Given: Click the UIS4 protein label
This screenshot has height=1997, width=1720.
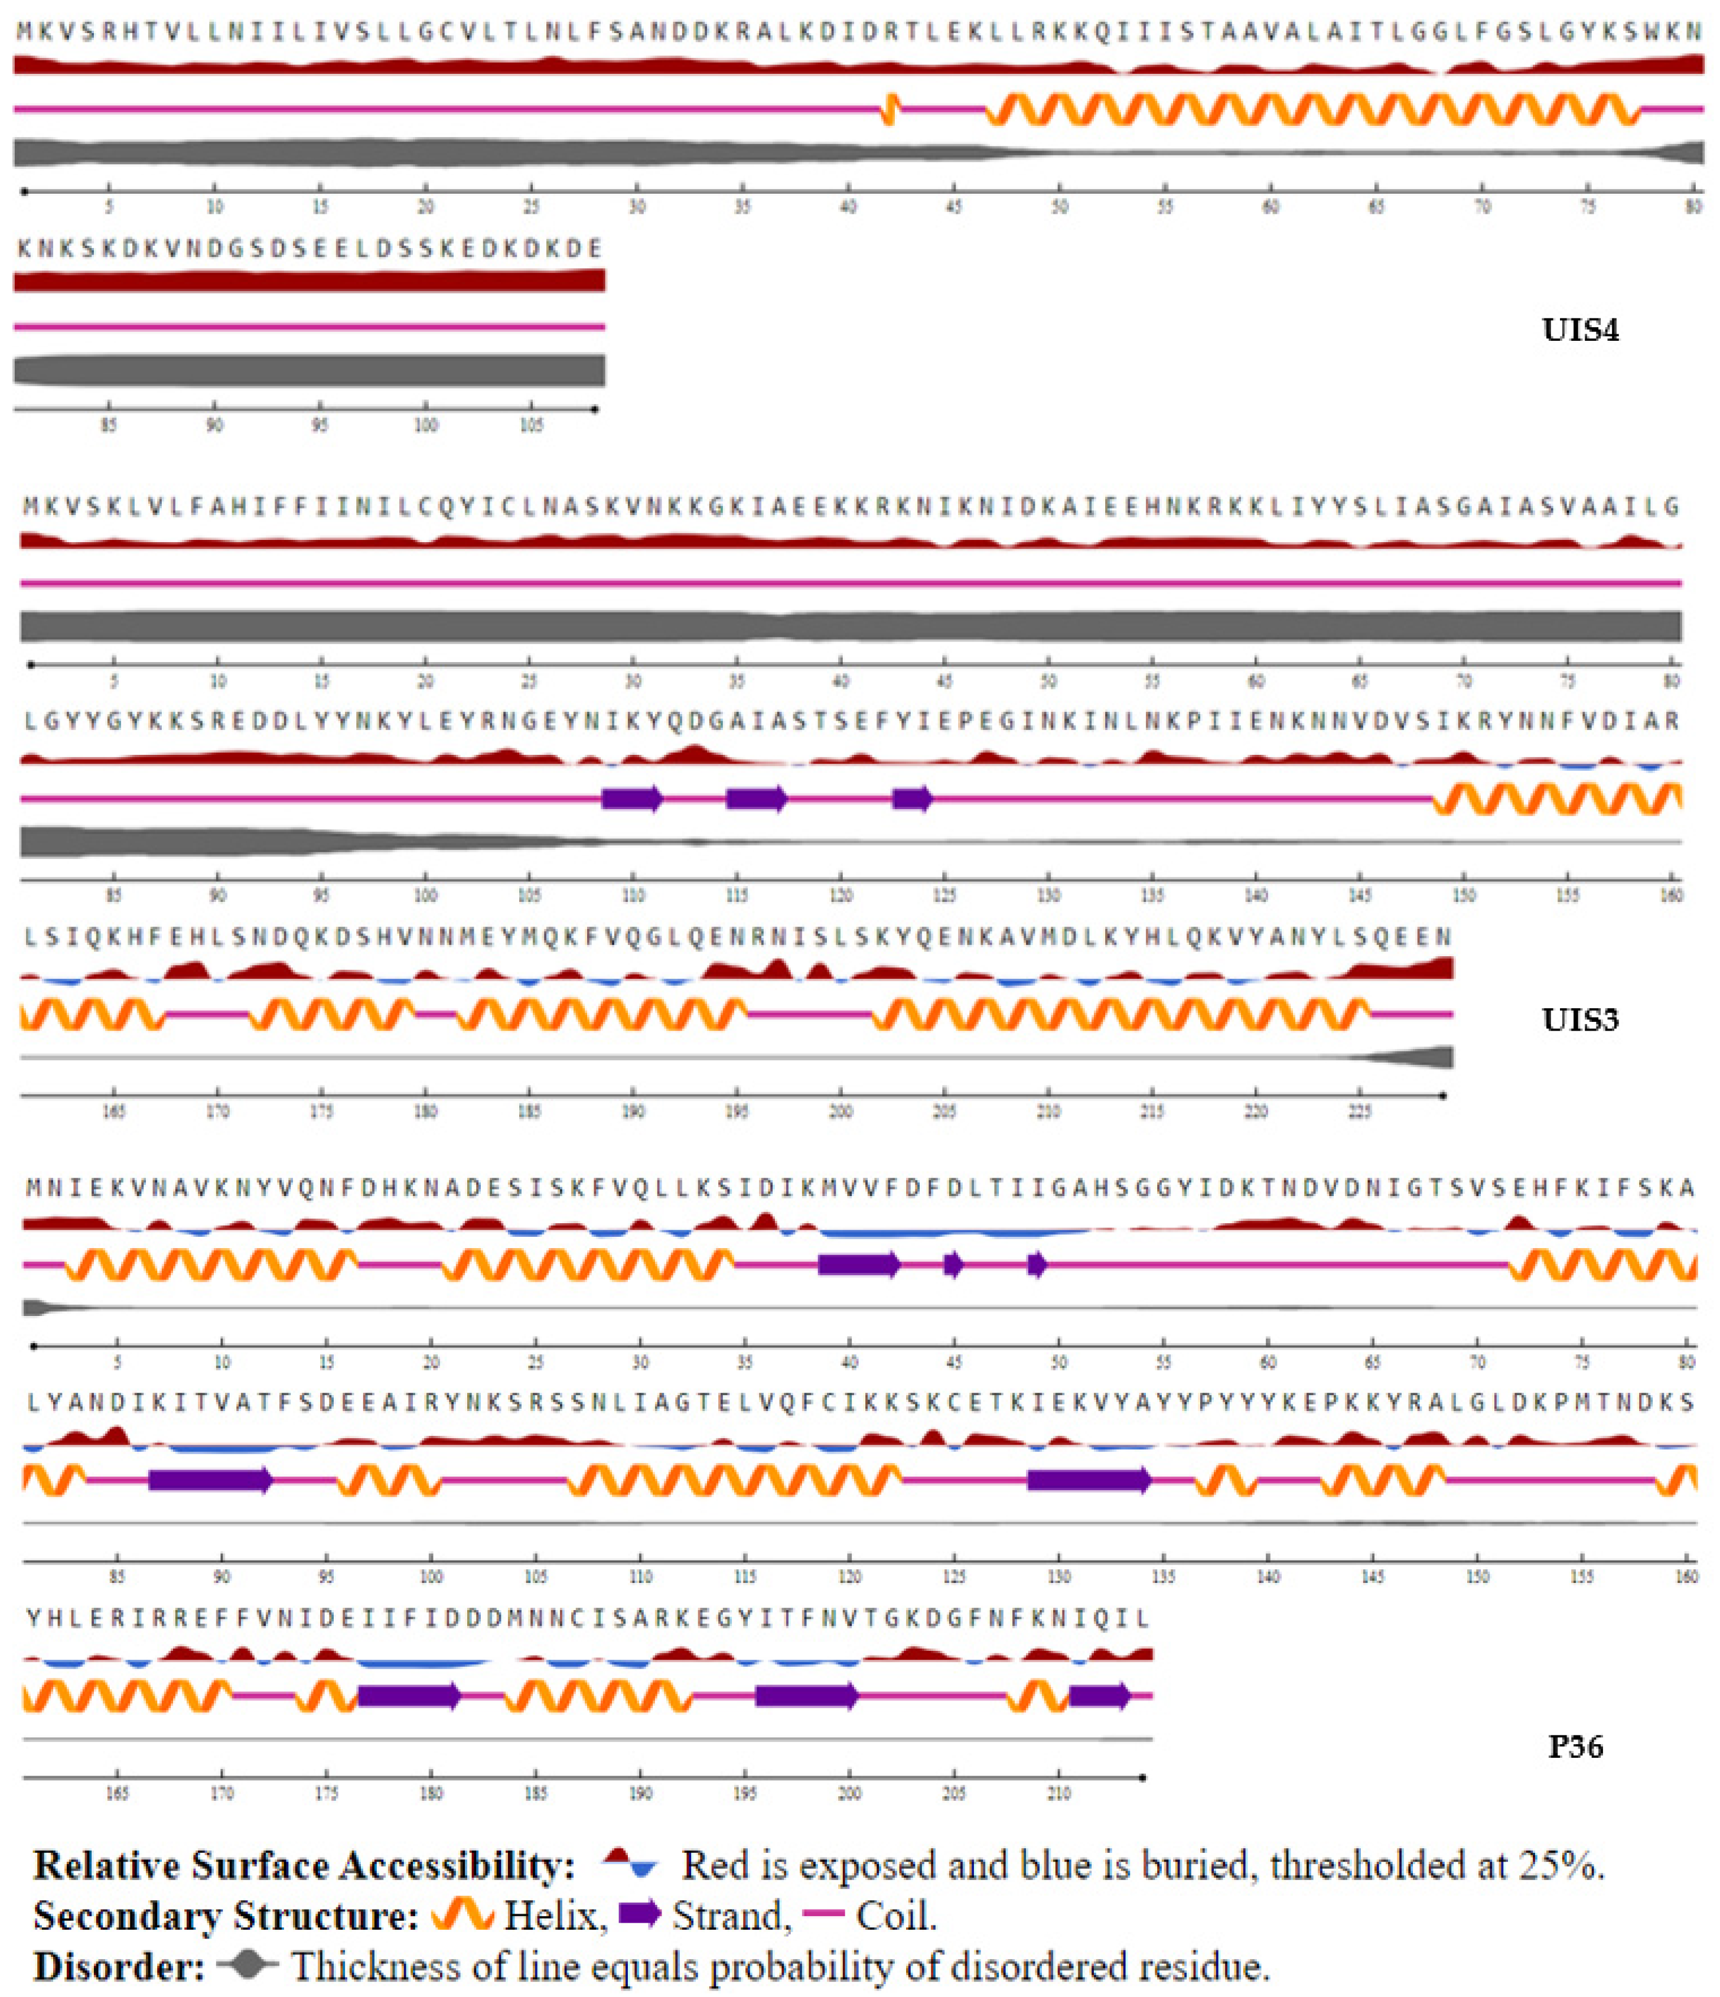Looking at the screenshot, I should [1579, 331].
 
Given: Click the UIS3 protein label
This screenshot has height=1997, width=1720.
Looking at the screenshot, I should [1579, 1019].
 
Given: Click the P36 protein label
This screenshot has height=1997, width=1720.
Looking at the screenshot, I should [1575, 1747].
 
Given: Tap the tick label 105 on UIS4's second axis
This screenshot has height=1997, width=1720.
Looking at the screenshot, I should [531, 425].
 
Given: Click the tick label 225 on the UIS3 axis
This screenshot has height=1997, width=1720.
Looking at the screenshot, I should [1359, 1111].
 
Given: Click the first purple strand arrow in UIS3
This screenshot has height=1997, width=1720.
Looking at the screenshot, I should [632, 798].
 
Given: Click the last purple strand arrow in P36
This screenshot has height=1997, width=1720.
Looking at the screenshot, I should [1099, 1695].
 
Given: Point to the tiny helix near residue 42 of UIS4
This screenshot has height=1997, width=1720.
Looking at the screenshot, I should [891, 109].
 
